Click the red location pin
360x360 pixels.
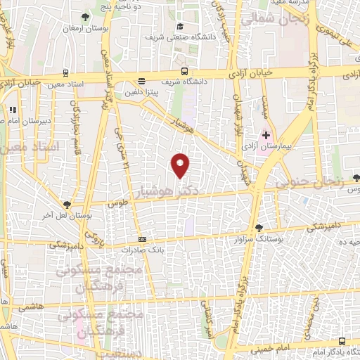(x=181, y=165)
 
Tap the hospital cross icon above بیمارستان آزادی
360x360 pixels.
(x=266, y=134)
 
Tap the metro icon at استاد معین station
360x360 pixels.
(x=65, y=72)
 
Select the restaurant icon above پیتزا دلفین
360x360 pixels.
(x=142, y=81)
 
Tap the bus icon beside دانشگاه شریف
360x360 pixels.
(x=184, y=72)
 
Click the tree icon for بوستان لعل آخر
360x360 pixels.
(x=67, y=202)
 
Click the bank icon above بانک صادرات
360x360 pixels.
(x=143, y=238)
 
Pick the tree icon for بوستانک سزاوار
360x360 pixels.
(x=259, y=227)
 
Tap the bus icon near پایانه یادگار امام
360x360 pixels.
(x=342, y=340)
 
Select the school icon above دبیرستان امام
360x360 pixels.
(x=12, y=110)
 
